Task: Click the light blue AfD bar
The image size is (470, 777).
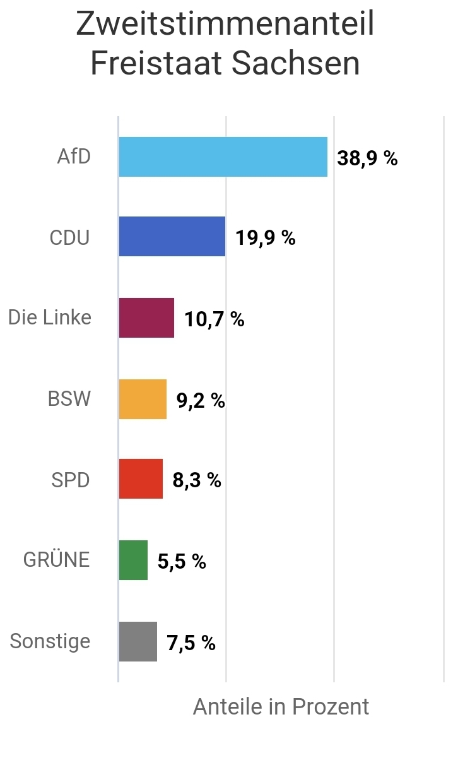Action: coord(223,157)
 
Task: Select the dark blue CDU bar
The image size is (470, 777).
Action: coord(172,237)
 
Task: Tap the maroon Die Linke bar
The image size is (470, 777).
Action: coord(146,317)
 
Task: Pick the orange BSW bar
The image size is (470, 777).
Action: coord(143,399)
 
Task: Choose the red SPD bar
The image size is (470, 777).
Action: coord(141,479)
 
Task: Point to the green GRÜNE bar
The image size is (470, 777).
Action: coord(133,560)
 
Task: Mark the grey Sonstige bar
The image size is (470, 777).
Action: coord(138,641)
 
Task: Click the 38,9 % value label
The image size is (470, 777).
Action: coord(367,158)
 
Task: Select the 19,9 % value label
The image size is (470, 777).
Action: coord(265,238)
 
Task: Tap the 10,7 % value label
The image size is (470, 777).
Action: coord(214,319)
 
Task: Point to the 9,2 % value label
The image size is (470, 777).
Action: coord(201,400)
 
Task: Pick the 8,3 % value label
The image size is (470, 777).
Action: coord(197,480)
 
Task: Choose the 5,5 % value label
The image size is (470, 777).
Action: coord(182,561)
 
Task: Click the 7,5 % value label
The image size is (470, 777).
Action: coord(191,643)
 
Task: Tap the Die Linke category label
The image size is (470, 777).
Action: coord(50,317)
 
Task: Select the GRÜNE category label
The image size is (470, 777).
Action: coord(57,559)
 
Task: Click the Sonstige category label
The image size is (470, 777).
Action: coord(50,641)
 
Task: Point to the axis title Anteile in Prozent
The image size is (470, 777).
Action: coord(281,707)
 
